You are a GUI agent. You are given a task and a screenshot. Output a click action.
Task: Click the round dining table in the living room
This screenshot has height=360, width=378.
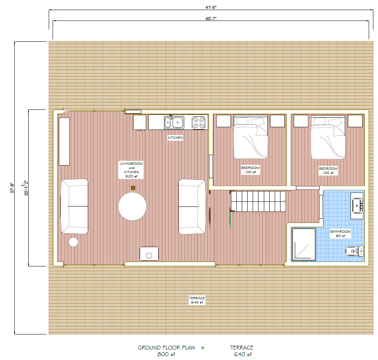pos(132,206)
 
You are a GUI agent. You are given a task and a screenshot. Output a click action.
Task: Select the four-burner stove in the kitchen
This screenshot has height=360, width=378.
pos(199,123)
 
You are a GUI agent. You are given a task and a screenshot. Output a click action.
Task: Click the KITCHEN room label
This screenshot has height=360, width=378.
pos(175,138)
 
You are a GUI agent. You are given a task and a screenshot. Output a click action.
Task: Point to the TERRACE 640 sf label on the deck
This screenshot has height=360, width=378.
pos(197,300)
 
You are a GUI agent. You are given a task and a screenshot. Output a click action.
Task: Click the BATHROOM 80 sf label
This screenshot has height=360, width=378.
pos(340,234)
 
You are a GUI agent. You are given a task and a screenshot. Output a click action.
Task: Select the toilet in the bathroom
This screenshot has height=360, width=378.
pos(354,251)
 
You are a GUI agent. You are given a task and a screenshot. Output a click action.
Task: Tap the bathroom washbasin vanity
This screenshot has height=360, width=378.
pos(357,204)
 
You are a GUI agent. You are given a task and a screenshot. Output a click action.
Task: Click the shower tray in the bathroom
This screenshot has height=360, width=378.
pos(303,244)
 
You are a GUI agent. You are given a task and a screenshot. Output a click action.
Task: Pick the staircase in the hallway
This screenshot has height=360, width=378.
pos(258,201)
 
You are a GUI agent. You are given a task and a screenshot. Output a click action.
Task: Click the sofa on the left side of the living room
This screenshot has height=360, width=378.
pos(74,206)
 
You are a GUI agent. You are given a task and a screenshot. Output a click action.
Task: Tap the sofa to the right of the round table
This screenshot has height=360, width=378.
pos(192,206)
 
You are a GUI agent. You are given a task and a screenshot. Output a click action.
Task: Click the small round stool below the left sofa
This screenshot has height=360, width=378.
pos(73,242)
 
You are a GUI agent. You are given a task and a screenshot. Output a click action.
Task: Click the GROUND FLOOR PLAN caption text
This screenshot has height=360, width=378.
pos(166,348)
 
